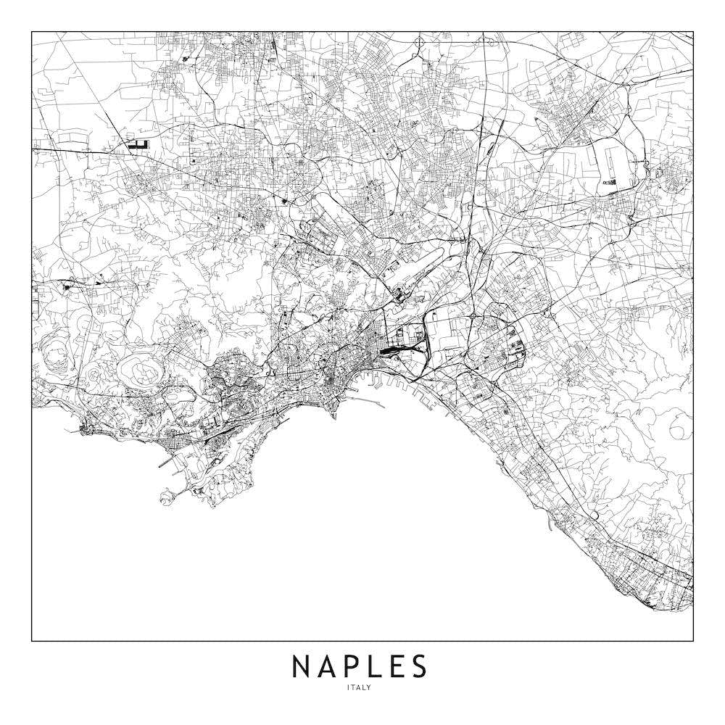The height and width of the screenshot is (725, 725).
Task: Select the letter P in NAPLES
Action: point(352,666)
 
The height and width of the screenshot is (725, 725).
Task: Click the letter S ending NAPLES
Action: point(418,666)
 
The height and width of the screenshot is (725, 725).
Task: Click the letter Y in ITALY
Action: point(369,688)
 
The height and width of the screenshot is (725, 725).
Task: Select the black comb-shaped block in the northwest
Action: point(137,145)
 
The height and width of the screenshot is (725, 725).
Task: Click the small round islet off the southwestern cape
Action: point(166,496)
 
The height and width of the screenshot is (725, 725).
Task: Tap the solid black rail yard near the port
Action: point(391,352)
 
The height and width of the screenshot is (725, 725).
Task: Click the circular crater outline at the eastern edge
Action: point(680,430)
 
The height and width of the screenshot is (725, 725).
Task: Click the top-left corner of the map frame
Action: point(32,32)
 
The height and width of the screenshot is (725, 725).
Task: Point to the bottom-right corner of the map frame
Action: point(693,641)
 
